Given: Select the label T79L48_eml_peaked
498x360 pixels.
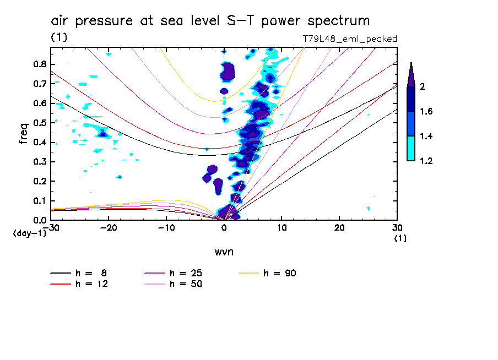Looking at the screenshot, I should point(350,39).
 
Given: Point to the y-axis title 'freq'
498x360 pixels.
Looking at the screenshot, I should point(23,134).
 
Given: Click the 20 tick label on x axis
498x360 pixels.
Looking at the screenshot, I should point(339,228).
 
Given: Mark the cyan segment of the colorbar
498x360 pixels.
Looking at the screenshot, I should point(410,149).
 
